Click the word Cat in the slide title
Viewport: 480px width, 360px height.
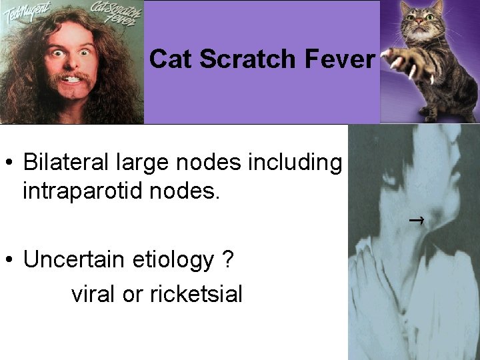click(171, 59)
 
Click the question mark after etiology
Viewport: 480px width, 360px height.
click(228, 259)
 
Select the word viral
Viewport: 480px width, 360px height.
click(93, 293)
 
